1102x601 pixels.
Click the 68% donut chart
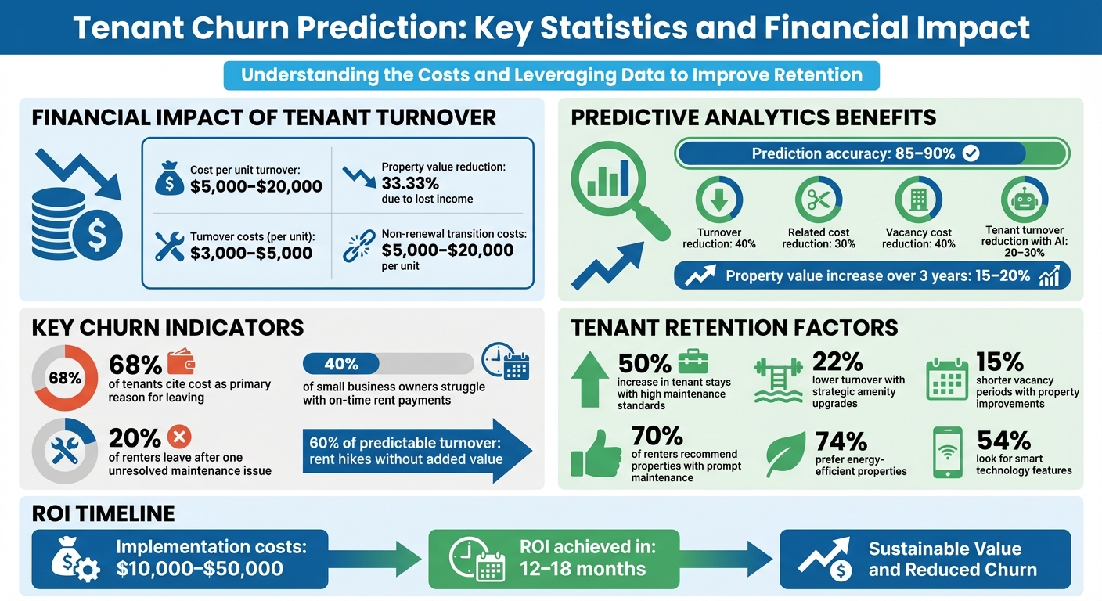pyautogui.click(x=65, y=378)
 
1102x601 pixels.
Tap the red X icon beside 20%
pyautogui.click(x=180, y=437)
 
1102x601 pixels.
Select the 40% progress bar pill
pyautogui.click(x=340, y=364)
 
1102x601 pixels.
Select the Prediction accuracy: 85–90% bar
pyautogui.click(x=871, y=153)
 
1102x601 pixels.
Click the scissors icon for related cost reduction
pyautogui.click(x=819, y=200)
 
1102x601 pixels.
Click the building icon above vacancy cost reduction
pyautogui.click(x=918, y=200)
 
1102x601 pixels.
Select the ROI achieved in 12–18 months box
pyautogui.click(x=553, y=559)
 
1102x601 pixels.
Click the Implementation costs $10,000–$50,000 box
pyautogui.click(x=179, y=559)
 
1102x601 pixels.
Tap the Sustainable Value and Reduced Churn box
pyautogui.click(x=925, y=559)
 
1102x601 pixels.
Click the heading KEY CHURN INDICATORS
pyautogui.click(x=167, y=327)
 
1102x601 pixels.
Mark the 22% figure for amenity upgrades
pyautogui.click(x=837, y=361)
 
